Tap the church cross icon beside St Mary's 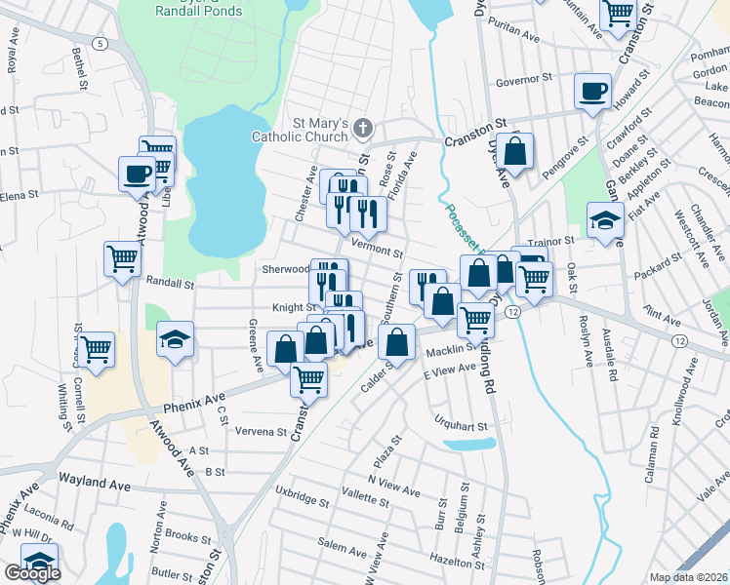(363, 128)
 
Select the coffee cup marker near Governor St (591, 92)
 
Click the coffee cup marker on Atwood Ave (137, 175)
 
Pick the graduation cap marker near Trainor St (605, 219)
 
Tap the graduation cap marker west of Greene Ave (176, 339)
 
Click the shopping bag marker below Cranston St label (515, 150)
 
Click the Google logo (31, 573)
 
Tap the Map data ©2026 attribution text (689, 577)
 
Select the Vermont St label (377, 249)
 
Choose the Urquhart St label (461, 425)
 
